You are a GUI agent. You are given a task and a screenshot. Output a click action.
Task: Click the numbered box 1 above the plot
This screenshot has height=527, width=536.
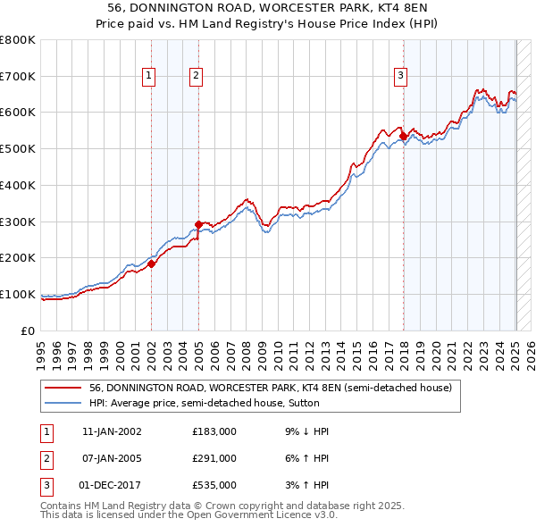148,77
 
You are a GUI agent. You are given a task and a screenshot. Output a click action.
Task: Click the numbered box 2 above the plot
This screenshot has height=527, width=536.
195,77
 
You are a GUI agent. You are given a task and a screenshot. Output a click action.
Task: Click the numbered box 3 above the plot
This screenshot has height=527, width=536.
401,77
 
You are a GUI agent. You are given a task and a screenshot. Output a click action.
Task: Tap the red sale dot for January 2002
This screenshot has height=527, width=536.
152,263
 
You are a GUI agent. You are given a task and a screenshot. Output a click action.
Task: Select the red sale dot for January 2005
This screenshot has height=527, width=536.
198,224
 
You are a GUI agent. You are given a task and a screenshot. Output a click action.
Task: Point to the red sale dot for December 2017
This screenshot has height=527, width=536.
403,136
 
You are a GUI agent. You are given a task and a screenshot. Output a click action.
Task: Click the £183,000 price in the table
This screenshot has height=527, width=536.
214,431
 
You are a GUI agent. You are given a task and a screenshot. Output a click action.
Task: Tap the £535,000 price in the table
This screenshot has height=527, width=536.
214,485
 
